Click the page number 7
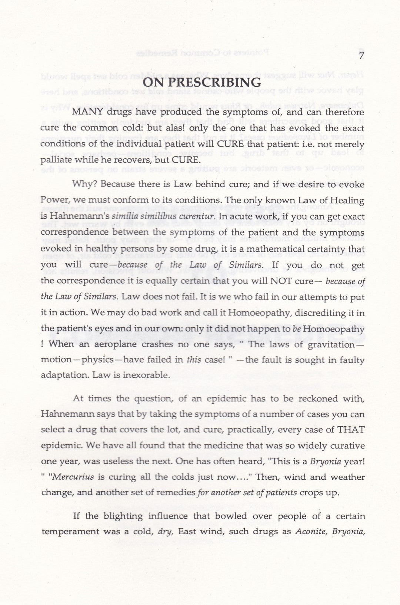(x=362, y=56)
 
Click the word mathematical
(x=279, y=249)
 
